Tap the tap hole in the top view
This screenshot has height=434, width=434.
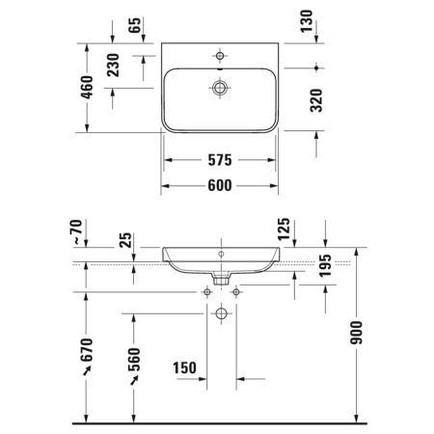click(221, 56)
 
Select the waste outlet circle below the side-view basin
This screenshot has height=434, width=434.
click(221, 313)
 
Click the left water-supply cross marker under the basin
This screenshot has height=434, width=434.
click(206, 290)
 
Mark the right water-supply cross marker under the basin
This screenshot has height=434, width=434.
click(236, 290)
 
